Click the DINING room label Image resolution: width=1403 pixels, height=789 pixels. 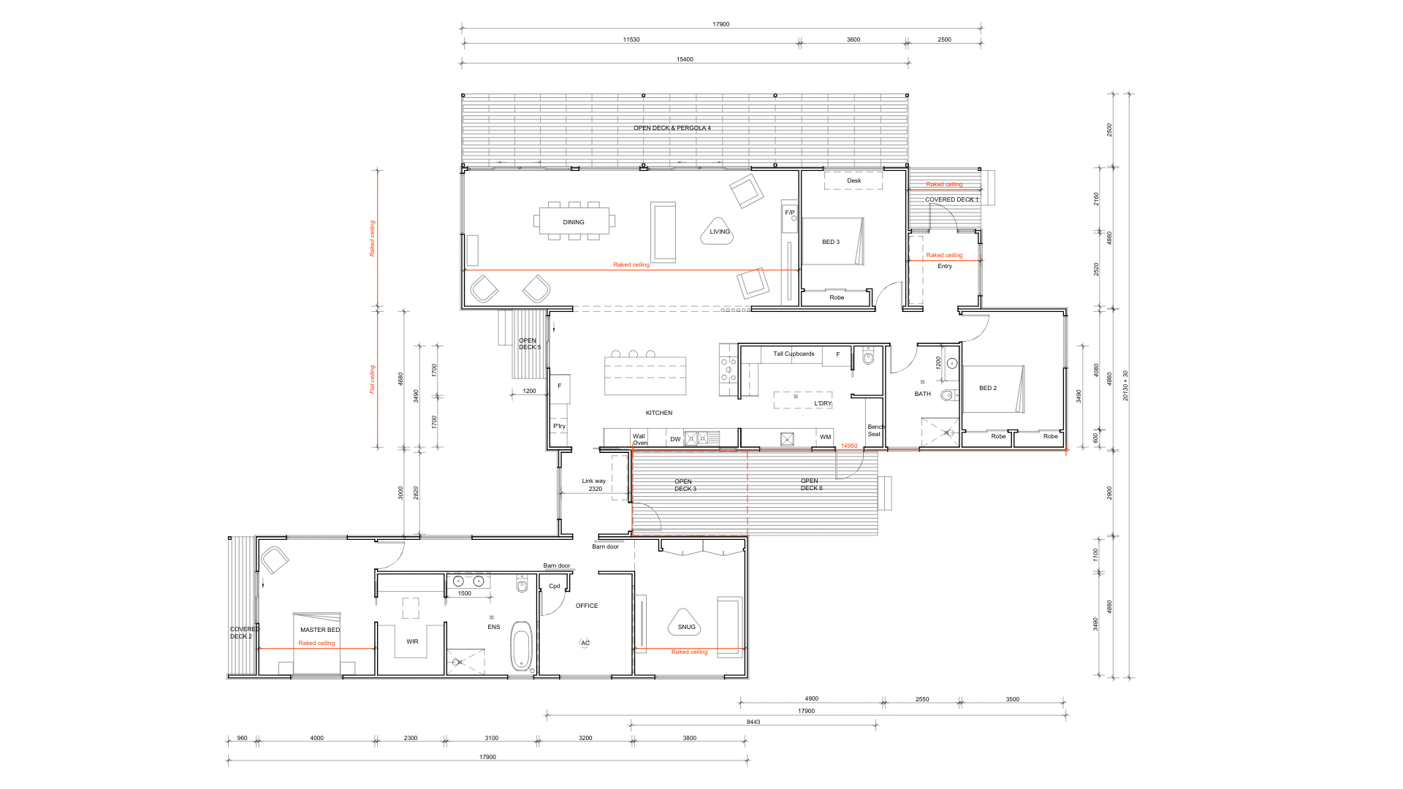pyautogui.click(x=574, y=222)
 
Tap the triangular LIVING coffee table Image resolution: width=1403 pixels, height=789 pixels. pyautogui.click(x=718, y=231)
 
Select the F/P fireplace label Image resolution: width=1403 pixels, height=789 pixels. pyautogui.click(x=790, y=213)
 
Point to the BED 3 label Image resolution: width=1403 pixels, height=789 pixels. pyautogui.click(x=831, y=242)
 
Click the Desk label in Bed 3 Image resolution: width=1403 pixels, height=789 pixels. pyautogui.click(x=854, y=180)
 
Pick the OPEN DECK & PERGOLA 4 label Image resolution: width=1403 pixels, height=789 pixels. pyautogui.click(x=672, y=128)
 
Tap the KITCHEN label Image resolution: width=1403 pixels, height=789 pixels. pyautogui.click(x=659, y=413)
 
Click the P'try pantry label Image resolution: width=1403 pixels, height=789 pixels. pyautogui.click(x=559, y=426)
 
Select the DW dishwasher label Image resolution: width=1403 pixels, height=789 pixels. pyautogui.click(x=675, y=439)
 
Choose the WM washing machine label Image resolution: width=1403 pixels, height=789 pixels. pyautogui.click(x=825, y=437)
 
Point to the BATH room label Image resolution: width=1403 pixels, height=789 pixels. pyautogui.click(x=923, y=394)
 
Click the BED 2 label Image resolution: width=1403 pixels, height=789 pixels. pyautogui.click(x=988, y=388)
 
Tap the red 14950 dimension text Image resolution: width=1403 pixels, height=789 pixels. pyautogui.click(x=849, y=446)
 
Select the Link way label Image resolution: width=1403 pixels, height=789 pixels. pyautogui.click(x=593, y=481)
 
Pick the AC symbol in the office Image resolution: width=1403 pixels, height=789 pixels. pyautogui.click(x=585, y=643)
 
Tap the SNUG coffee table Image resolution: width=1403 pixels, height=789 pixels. pyautogui.click(x=685, y=622)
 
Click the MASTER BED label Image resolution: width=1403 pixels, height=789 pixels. pyautogui.click(x=320, y=630)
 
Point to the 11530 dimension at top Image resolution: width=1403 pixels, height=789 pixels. pyautogui.click(x=631, y=39)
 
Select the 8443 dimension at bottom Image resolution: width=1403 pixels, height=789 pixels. pyautogui.click(x=753, y=722)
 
